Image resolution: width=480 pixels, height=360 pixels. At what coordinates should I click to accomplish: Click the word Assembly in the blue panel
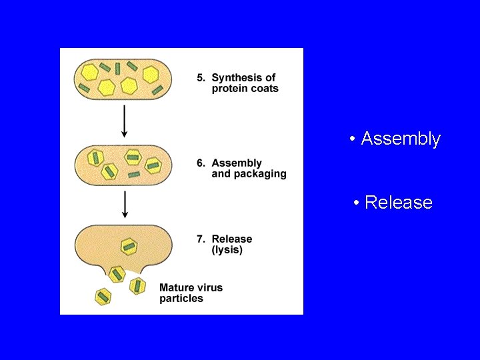tap(401, 139)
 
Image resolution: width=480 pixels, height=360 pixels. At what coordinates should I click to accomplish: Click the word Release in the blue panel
tap(399, 202)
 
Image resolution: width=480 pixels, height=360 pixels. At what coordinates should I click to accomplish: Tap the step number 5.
tap(201, 77)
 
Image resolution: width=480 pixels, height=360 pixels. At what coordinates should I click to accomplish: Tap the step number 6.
tap(201, 163)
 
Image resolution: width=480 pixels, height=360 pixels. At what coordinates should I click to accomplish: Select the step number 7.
tap(201, 239)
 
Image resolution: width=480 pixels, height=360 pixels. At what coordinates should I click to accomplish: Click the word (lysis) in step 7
tap(227, 250)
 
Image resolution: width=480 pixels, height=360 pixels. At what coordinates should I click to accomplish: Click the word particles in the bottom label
tap(181, 299)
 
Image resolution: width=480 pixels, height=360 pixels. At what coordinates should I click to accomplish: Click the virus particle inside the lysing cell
tap(129, 246)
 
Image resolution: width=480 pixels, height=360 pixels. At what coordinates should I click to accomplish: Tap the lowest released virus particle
tap(103, 297)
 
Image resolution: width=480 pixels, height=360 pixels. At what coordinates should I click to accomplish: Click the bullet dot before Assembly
tap(351, 139)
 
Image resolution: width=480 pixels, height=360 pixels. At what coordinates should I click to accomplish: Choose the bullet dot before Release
tap(357, 203)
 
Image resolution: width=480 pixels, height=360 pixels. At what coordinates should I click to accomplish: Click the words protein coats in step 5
tap(245, 89)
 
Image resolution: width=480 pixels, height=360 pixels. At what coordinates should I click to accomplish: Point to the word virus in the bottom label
tap(211, 287)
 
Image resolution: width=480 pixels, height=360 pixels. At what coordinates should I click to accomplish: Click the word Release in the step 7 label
tap(232, 239)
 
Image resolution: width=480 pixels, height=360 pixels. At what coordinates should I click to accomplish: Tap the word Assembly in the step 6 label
tap(237, 163)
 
